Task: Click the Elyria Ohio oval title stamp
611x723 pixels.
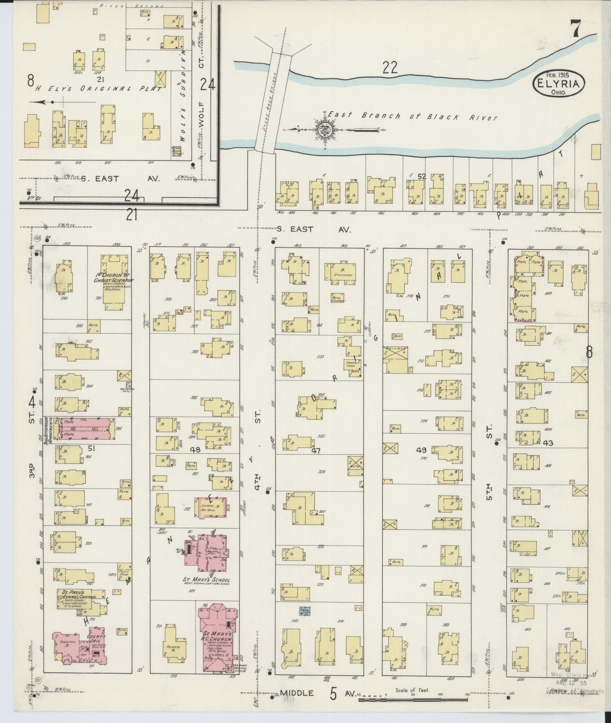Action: [559, 82]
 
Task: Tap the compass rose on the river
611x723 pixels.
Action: [324, 129]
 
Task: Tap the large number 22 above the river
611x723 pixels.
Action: [390, 68]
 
